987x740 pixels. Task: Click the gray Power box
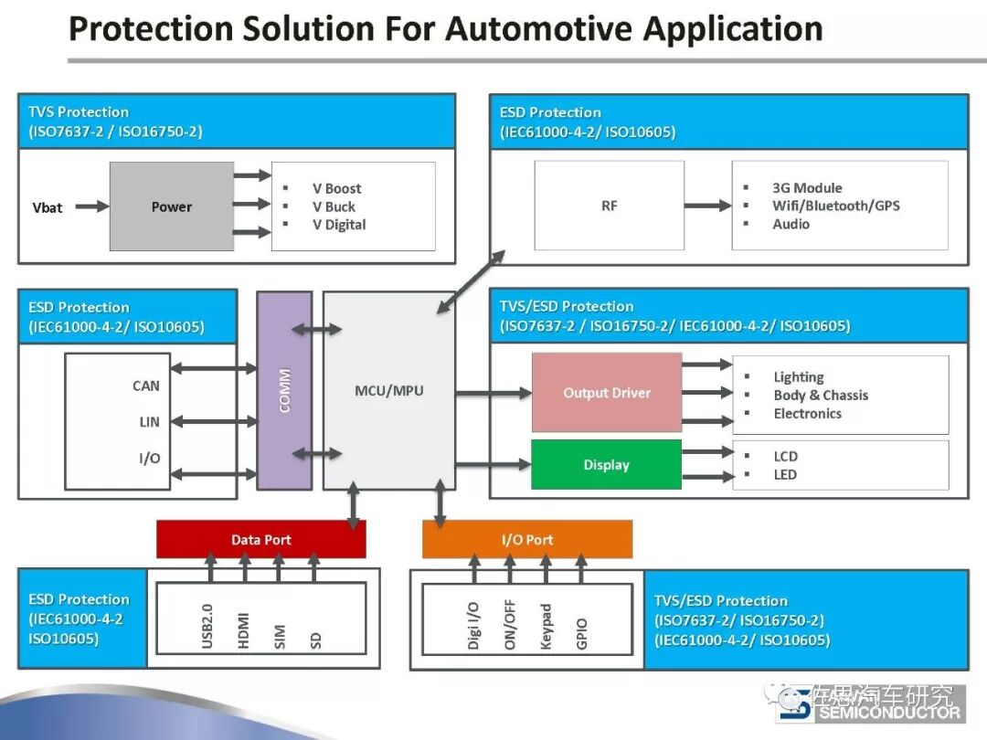172,206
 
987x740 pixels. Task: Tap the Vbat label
48,207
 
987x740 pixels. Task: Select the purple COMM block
284,390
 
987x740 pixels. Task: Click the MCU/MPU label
389,391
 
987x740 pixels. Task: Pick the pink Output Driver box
607,393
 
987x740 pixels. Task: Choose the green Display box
607,465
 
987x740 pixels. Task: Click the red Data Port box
261,540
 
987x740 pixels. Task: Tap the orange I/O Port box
527,540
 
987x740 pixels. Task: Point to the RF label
610,206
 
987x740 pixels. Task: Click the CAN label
146,386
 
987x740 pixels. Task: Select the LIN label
150,422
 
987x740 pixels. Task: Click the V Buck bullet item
334,206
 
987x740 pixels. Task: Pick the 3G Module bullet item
807,188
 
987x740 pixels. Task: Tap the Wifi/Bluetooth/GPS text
835,206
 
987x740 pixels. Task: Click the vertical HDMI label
244,630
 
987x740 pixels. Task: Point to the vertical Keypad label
547,626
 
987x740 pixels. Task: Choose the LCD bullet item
785,456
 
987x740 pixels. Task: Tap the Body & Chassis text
821,396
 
